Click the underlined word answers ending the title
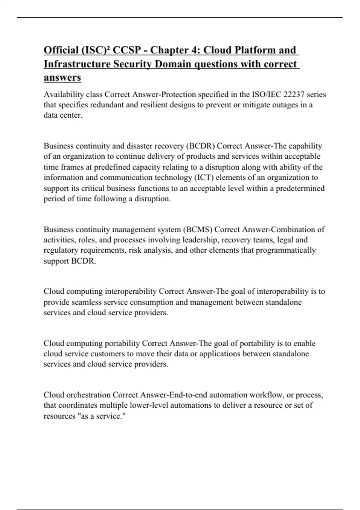pos(62,77)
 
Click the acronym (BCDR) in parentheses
pos(200,146)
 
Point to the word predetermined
pos(300,188)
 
